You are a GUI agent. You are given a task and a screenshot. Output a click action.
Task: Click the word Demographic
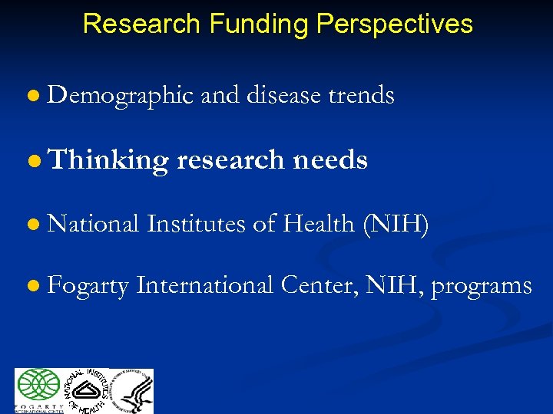(x=121, y=96)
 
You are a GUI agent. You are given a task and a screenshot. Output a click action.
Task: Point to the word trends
(x=361, y=96)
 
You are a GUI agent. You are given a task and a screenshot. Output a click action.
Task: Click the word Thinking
(x=108, y=160)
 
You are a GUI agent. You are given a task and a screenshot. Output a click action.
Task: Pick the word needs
(x=329, y=160)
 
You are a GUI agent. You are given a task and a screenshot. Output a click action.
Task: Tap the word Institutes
(x=197, y=224)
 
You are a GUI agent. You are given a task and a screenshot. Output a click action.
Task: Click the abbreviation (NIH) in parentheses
(x=393, y=224)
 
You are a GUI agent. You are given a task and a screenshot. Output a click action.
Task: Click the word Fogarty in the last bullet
(x=88, y=286)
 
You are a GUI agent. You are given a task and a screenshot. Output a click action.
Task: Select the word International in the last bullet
(x=205, y=286)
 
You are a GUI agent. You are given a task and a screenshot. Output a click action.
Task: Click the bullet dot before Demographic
(x=31, y=97)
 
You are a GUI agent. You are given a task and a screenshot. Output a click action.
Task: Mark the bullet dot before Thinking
(x=31, y=160)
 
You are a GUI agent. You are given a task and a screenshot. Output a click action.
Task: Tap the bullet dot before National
(x=31, y=225)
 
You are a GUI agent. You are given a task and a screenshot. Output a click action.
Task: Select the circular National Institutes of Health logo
(x=85, y=391)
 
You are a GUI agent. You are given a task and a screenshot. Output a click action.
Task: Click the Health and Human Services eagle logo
(x=132, y=391)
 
